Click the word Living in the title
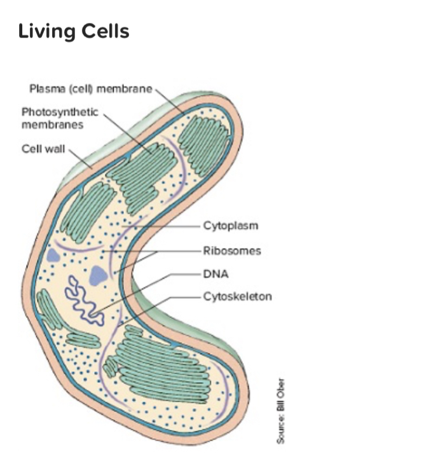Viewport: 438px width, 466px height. coord(44,31)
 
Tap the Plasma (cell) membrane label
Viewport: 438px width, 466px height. coord(90,88)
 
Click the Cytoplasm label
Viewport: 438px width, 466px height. coord(231,226)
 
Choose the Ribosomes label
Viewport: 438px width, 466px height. coord(231,250)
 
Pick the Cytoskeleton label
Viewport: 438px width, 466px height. coord(237,296)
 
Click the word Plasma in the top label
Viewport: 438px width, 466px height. coord(44,88)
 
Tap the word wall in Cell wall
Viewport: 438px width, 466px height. coord(55,150)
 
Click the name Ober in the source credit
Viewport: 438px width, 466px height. coord(280,388)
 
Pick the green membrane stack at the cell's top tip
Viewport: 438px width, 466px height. coord(203,137)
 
